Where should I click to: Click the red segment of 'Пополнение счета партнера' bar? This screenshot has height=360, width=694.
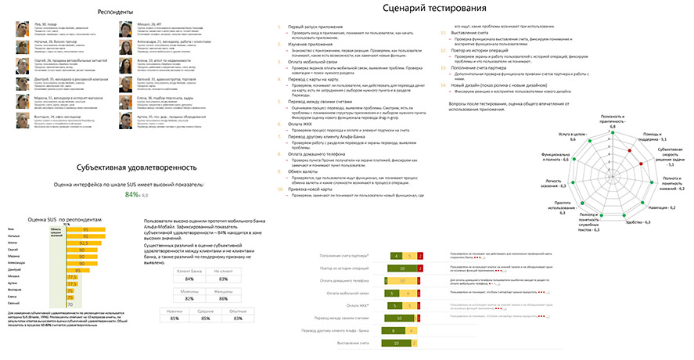point(419,256)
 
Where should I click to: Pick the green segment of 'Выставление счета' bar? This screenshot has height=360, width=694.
point(397,343)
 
